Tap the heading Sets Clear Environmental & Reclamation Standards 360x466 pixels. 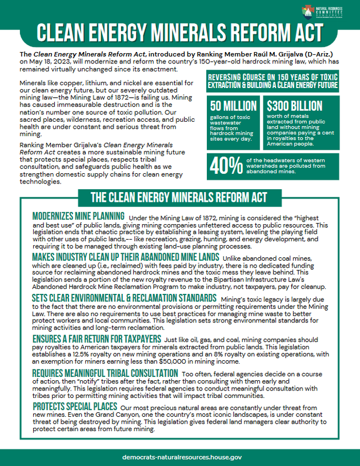(x=123, y=298)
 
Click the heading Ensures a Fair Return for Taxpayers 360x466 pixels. (x=97, y=338)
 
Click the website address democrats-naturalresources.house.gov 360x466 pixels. (x=182, y=457)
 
